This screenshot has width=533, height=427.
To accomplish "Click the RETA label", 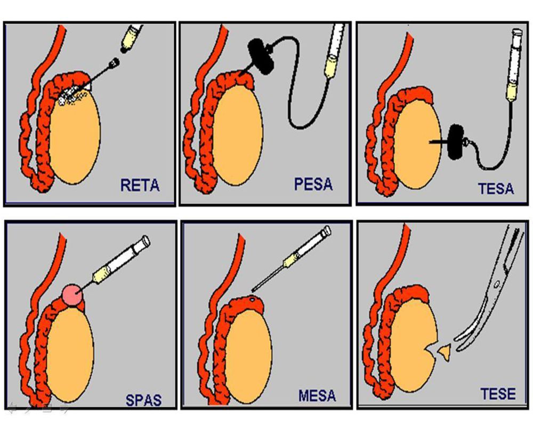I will pyautogui.click(x=140, y=186).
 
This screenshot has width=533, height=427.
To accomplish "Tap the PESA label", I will pyautogui.click(x=313, y=185).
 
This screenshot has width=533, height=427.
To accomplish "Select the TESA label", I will pyautogui.click(x=496, y=188).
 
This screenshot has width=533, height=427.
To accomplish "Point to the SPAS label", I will pyautogui.click(x=143, y=399).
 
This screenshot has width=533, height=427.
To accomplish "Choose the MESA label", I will pyautogui.click(x=317, y=396).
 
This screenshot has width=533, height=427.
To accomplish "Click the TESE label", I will pyautogui.click(x=498, y=394).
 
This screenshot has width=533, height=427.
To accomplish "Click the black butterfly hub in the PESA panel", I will pyautogui.click(x=262, y=57).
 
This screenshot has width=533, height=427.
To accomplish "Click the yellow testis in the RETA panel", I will pyautogui.click(x=75, y=139).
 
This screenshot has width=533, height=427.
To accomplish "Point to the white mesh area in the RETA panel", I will pyautogui.click(x=72, y=95).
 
